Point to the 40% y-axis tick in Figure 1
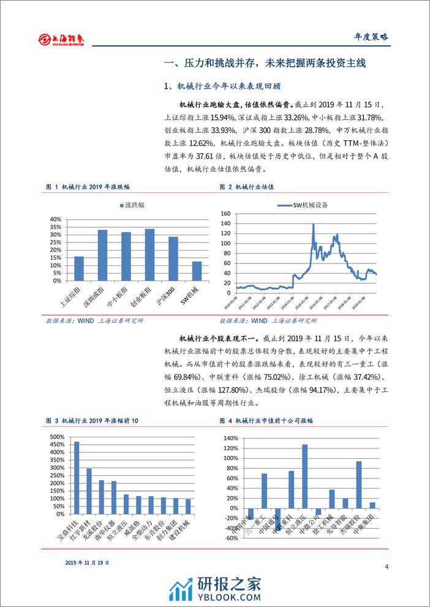click(54, 219)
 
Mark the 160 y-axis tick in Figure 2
click(225, 214)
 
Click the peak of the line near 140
click(313, 224)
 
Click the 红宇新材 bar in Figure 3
click(89, 484)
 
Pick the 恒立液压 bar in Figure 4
click(304, 476)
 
